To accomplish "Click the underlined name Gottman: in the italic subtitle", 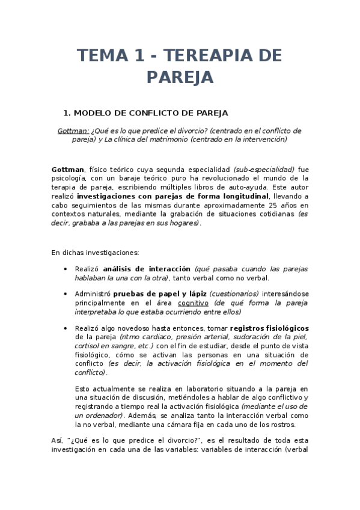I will (x=73, y=131).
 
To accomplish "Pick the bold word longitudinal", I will (x=242, y=196).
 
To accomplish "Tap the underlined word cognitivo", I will (x=192, y=303).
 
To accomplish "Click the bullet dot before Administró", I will (x=65, y=294).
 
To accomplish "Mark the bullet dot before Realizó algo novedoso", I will (x=65, y=328).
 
